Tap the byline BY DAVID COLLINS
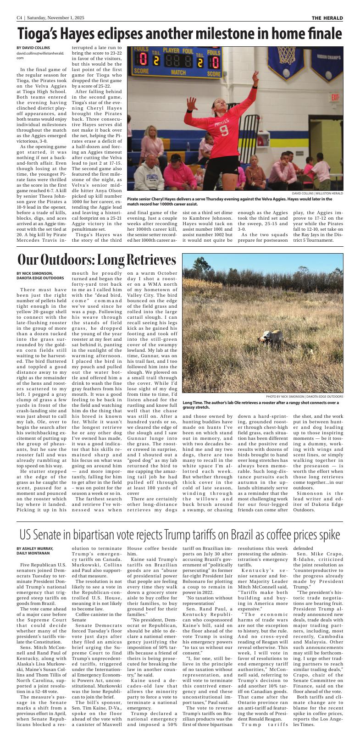tap(33, 48)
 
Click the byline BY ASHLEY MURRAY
tap(35, 549)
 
